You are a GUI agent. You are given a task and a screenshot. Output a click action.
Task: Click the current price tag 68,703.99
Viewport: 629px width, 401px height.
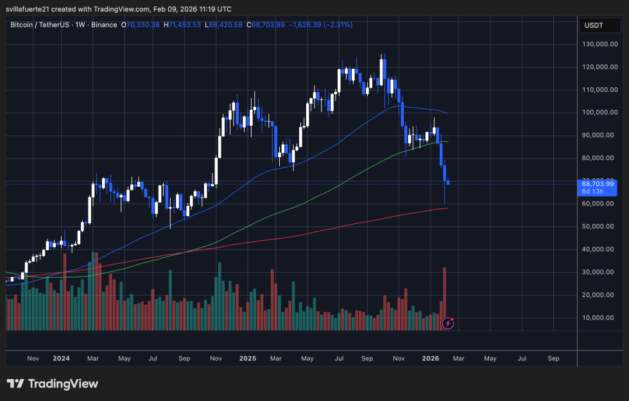click(x=598, y=183)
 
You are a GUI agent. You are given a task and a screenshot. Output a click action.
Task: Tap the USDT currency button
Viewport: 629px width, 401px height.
click(x=594, y=26)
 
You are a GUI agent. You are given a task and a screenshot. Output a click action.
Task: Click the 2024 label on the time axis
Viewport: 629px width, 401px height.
click(x=62, y=359)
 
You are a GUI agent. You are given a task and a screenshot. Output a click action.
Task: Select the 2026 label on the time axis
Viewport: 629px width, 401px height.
click(x=431, y=359)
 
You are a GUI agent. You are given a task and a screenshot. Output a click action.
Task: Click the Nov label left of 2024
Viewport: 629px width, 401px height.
click(x=33, y=359)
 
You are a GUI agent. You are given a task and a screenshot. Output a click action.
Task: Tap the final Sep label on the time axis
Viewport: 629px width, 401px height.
click(x=554, y=359)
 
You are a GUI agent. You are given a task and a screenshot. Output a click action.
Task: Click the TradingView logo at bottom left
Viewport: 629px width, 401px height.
click(x=53, y=384)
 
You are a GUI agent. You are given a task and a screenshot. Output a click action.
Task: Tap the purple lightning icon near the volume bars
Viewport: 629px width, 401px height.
click(x=448, y=323)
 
